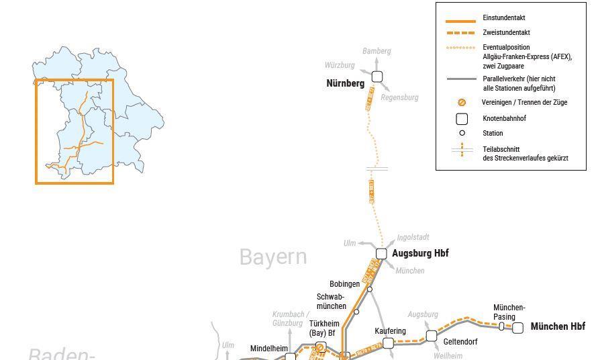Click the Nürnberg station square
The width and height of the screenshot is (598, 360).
[377, 77]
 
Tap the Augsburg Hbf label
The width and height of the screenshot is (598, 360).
[420, 253]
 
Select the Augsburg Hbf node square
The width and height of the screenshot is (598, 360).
[381, 253]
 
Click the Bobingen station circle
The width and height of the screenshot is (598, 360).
[370, 289]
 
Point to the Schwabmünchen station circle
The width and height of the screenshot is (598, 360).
[356, 312]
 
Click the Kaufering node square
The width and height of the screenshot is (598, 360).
[388, 343]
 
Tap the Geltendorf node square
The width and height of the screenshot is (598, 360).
[432, 335]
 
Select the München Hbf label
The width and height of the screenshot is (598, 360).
[558, 327]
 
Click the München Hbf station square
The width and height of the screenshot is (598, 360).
[517, 328]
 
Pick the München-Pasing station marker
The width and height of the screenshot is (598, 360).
[501, 326]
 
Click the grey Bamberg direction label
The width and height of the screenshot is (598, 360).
[377, 51]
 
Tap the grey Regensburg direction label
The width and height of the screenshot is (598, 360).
[399, 97]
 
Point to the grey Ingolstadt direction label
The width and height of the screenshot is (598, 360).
[413, 238]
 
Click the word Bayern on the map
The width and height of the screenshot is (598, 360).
[273, 257]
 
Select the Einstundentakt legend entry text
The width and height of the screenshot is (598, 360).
[503, 18]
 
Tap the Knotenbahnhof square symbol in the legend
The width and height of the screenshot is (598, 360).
[462, 119]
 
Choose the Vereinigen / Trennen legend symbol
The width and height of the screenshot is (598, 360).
[462, 103]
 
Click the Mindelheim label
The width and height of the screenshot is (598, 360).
[269, 349]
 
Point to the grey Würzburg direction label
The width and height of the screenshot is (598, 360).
[340, 65]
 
